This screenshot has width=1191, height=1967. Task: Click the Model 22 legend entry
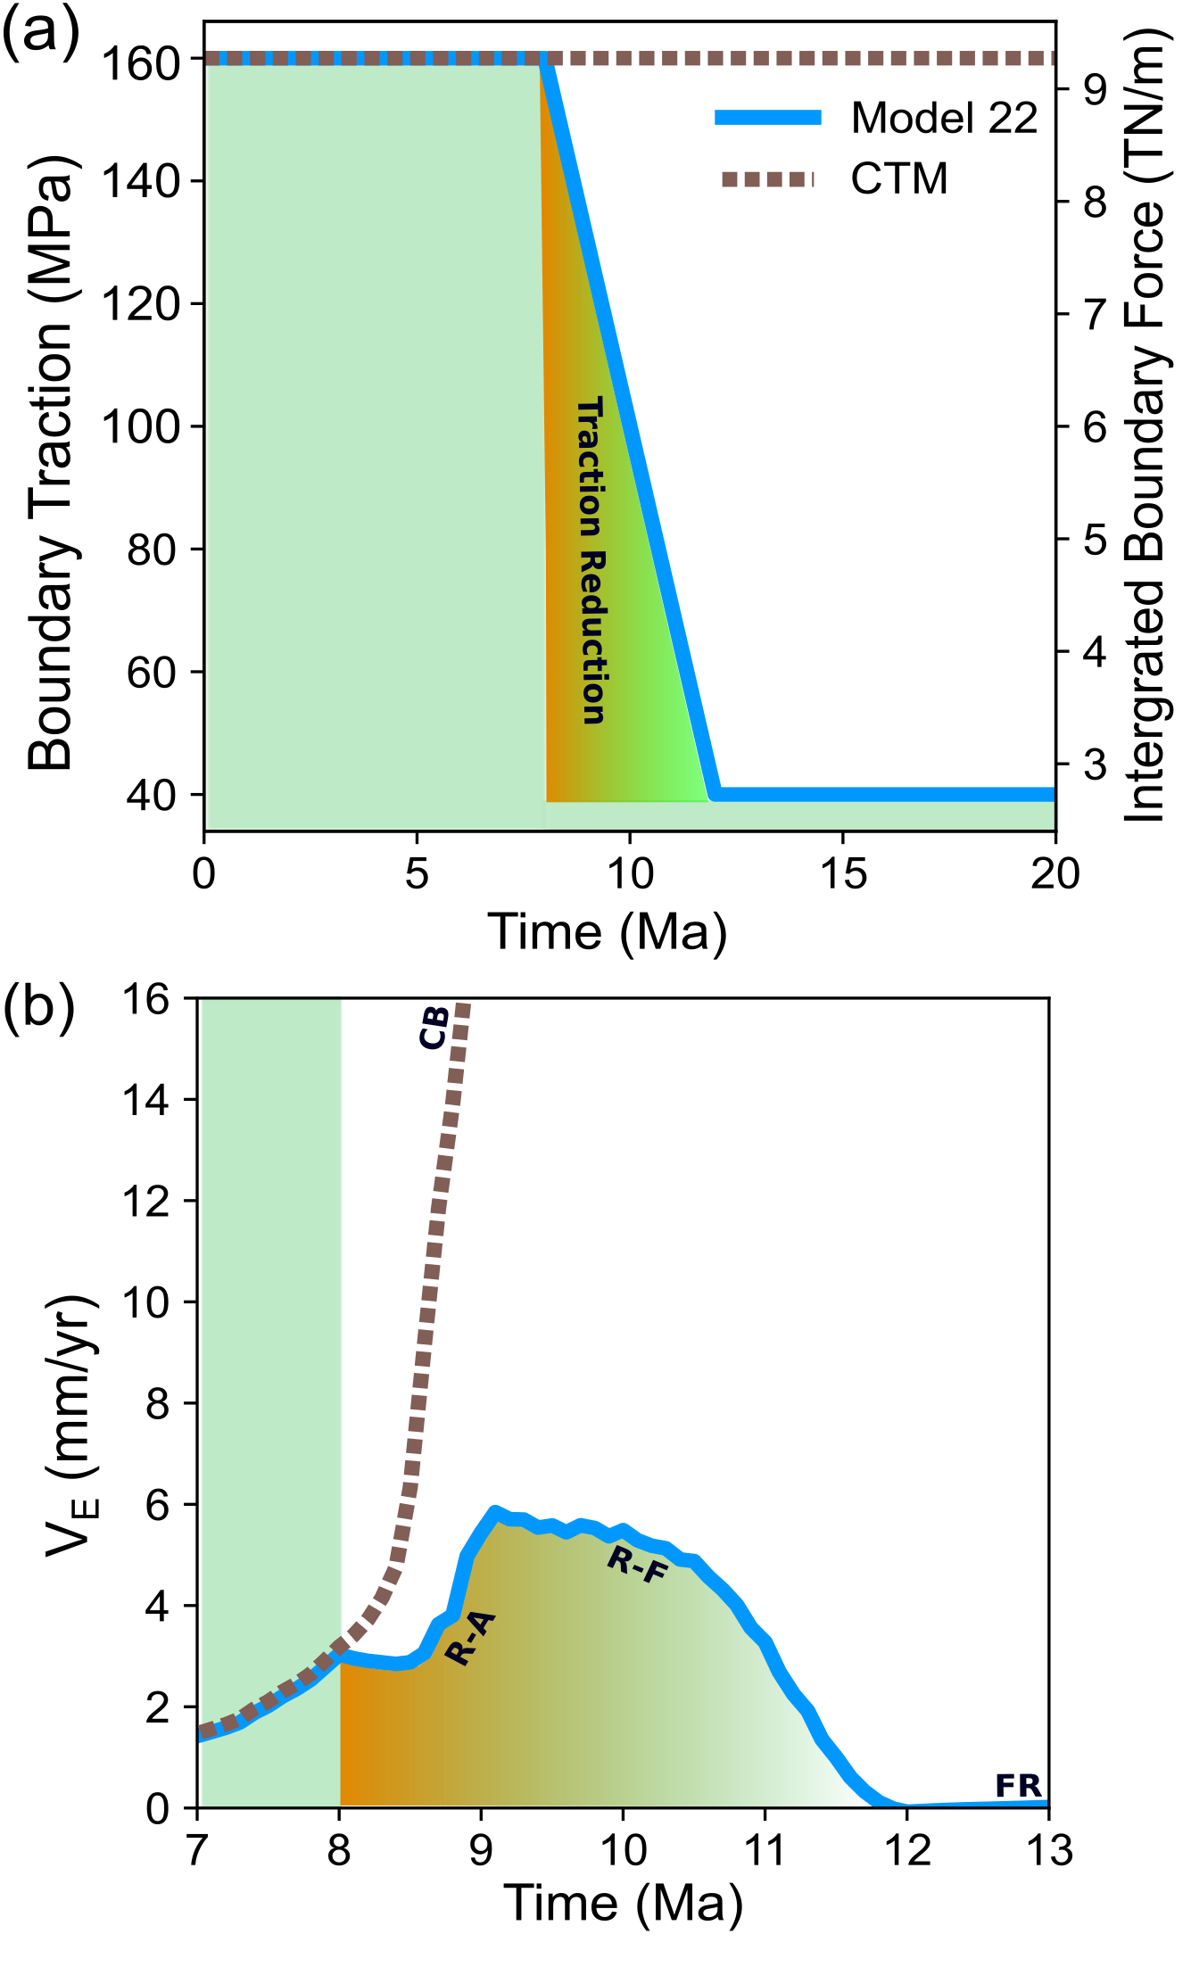(944, 118)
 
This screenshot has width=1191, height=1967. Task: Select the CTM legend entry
(898, 178)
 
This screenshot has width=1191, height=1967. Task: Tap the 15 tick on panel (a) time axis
(843, 874)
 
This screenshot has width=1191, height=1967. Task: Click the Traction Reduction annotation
(591, 560)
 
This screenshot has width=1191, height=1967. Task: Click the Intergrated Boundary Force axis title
(1145, 424)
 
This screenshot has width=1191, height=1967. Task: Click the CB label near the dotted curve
(434, 1027)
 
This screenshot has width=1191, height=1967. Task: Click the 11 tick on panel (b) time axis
(764, 1853)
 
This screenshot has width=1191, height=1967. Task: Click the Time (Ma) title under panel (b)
(623, 1902)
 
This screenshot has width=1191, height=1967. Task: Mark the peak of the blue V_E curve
(494, 1511)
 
